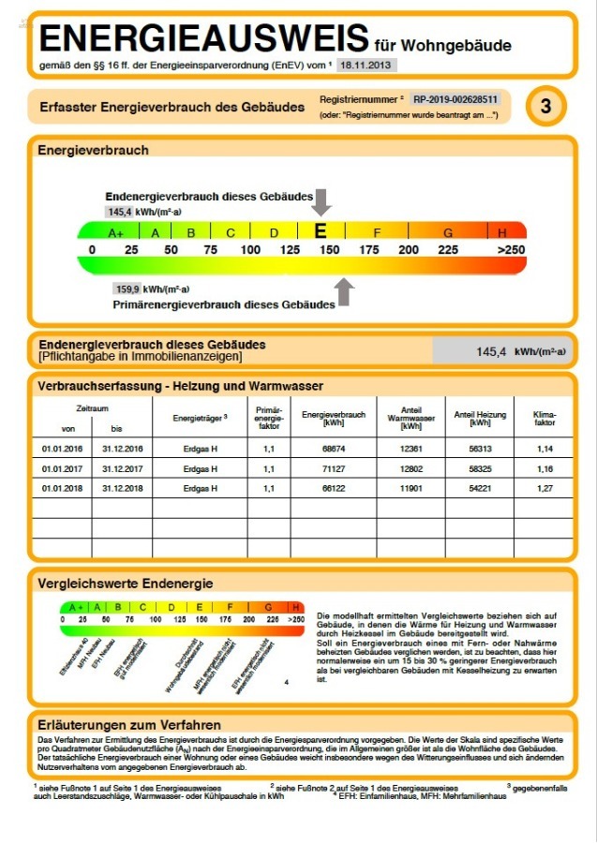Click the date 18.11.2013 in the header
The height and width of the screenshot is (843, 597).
point(367,66)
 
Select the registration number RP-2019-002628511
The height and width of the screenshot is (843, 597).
point(455,98)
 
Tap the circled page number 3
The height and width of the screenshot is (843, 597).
point(546,107)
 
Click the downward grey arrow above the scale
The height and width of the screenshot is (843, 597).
point(322,201)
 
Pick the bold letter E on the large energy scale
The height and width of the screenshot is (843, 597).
point(321,231)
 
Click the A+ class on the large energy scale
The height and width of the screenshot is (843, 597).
point(116,232)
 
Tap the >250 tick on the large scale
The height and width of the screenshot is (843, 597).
point(511,250)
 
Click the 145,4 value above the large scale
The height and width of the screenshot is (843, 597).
point(119,213)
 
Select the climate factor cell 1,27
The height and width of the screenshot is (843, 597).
point(545,488)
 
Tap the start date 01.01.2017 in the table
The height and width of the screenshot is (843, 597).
point(62,468)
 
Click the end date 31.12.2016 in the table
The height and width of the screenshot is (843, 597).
point(121,449)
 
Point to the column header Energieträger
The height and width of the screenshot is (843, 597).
point(201,418)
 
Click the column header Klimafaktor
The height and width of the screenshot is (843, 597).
point(545,418)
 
